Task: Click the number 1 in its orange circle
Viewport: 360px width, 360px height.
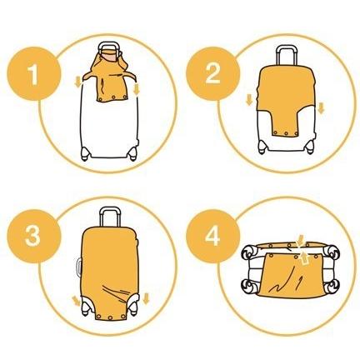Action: pos(32,74)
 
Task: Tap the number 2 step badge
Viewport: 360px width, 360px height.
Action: pos(212,73)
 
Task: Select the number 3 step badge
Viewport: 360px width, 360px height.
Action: pos(33,237)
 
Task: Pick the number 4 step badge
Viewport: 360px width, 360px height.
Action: pos(212,236)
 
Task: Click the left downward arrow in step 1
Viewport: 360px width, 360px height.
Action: pos(78,82)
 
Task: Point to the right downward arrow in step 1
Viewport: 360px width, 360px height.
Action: pos(137,90)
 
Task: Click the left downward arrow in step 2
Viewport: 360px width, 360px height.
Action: pos(249,100)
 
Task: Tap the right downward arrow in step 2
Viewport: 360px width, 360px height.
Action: pos(321,108)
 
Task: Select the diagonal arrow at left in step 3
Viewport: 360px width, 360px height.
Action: pos(75,301)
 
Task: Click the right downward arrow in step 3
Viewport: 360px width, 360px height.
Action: pos(146,299)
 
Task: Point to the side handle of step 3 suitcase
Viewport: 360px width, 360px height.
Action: pos(77,267)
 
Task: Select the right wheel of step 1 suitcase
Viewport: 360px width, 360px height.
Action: pos(132,153)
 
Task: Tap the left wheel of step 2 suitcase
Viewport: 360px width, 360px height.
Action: pos(262,147)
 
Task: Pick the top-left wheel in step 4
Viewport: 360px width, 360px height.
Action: pos(249,252)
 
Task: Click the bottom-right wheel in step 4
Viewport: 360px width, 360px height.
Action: pos(332,286)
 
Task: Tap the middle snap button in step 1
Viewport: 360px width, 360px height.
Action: pos(113,97)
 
